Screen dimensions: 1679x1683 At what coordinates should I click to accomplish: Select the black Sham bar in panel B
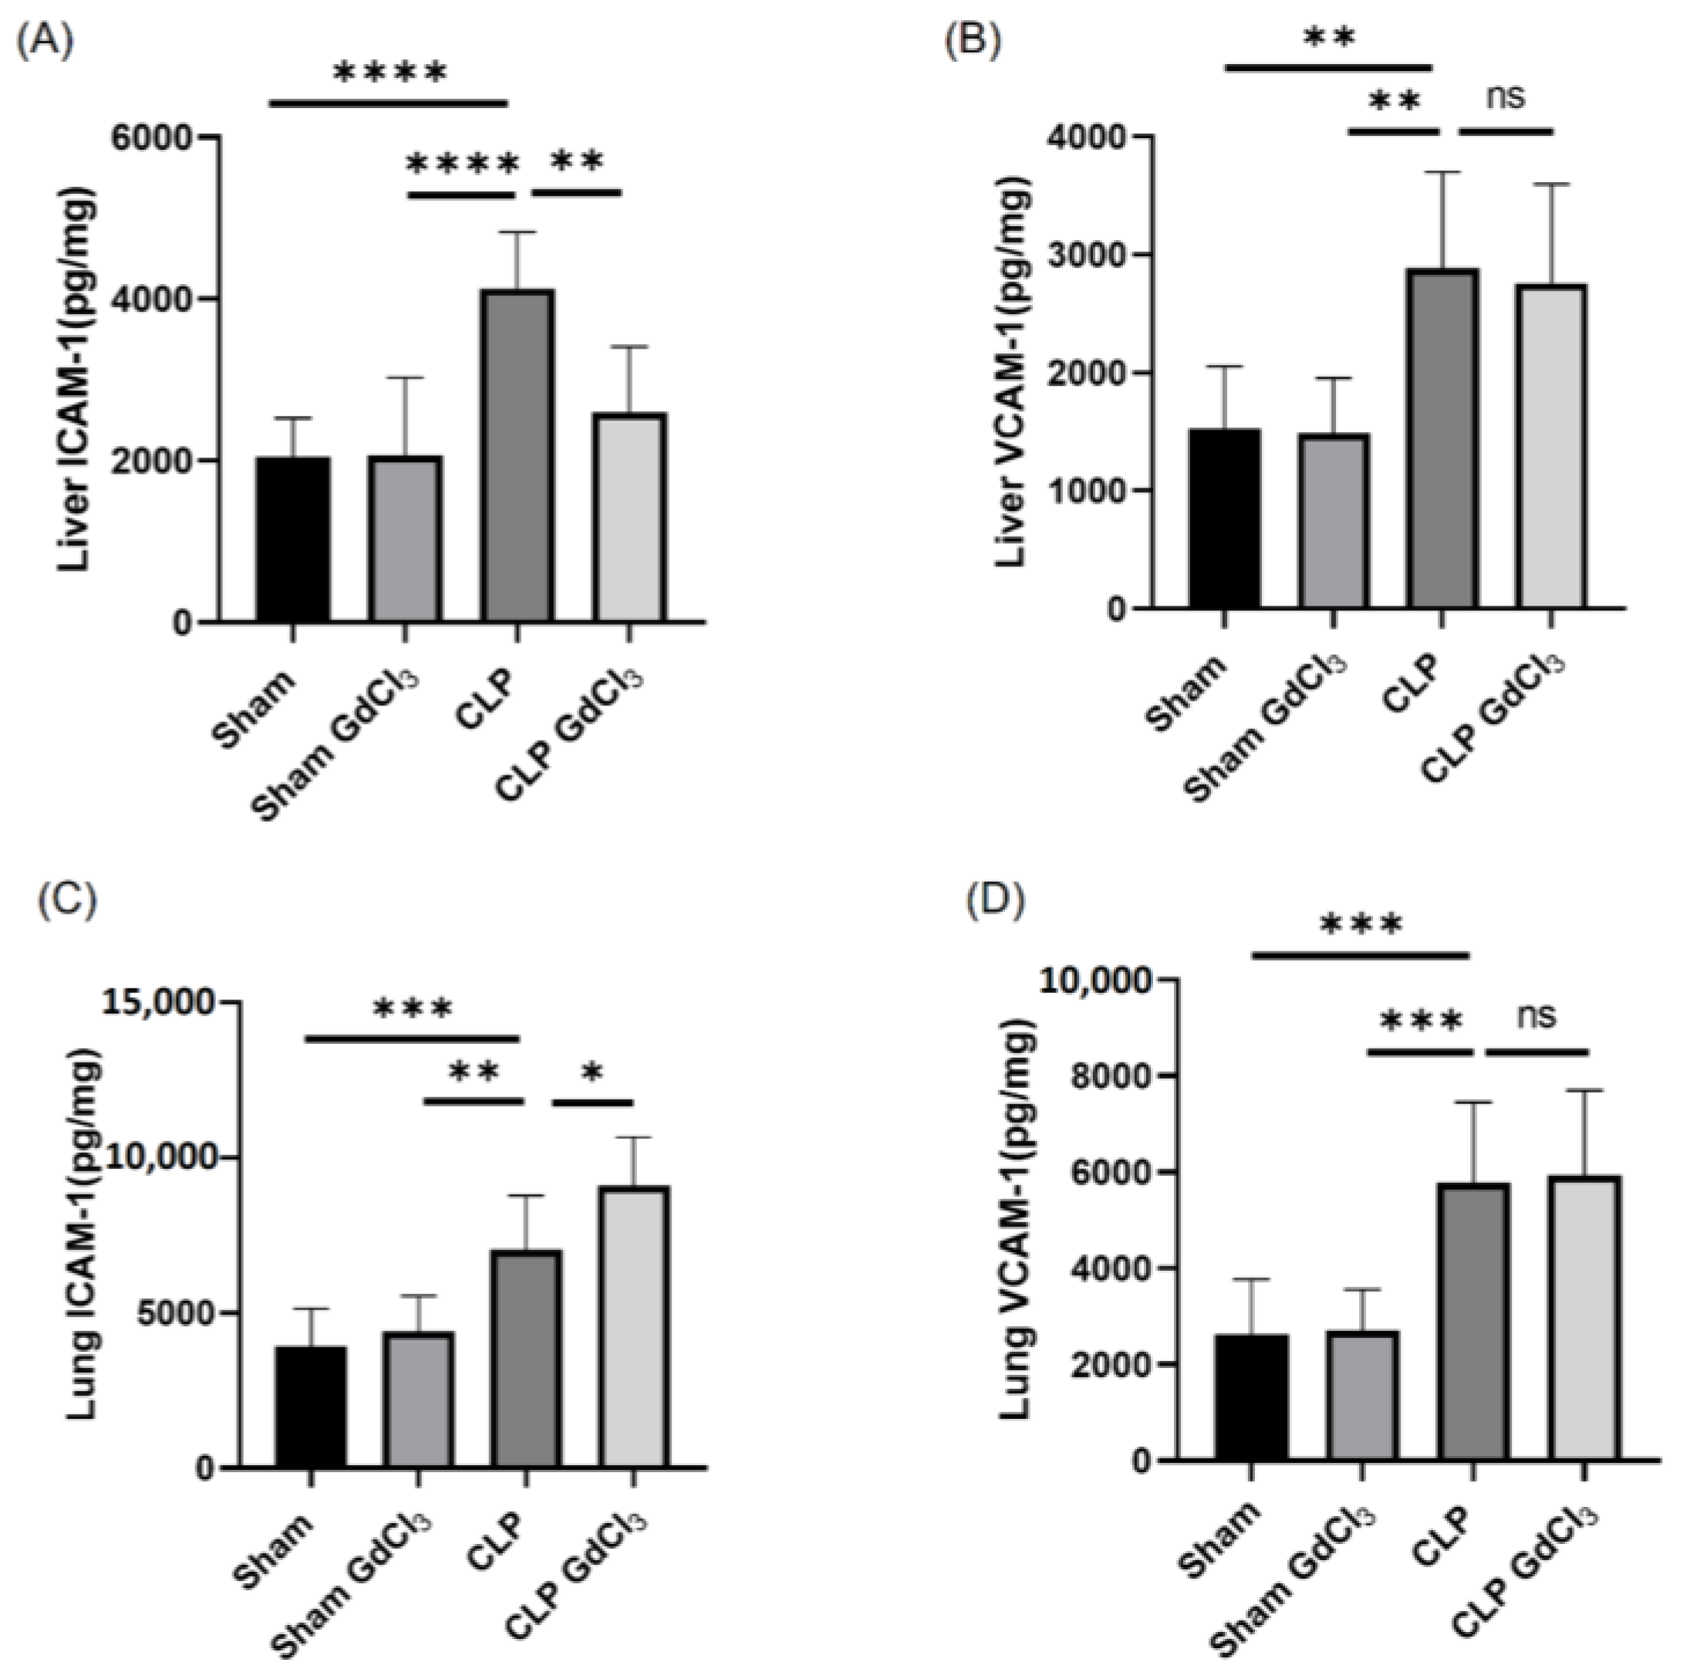click(1224, 519)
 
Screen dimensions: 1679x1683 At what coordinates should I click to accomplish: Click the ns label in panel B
click(1506, 96)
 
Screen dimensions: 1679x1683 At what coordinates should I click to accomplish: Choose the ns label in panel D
click(1535, 1015)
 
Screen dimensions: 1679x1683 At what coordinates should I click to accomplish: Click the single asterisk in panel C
click(592, 1073)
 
